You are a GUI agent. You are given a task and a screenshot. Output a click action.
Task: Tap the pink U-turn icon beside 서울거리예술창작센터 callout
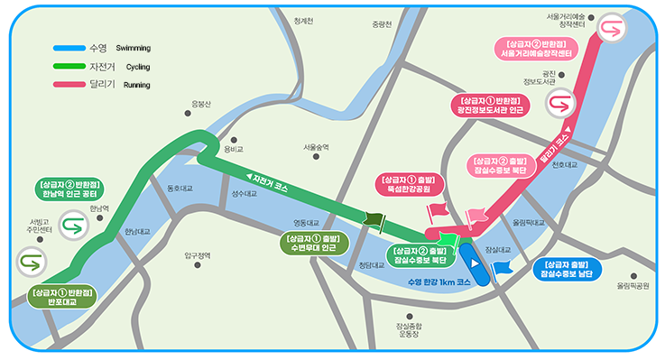[611, 28]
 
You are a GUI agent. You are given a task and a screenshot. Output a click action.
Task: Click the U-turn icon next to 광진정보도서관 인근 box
[559, 105]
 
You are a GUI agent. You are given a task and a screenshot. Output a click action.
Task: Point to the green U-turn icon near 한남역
[71, 224]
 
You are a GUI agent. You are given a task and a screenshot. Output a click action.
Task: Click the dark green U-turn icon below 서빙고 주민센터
[30, 263]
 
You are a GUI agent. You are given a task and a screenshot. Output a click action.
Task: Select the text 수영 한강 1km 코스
[439, 282]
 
